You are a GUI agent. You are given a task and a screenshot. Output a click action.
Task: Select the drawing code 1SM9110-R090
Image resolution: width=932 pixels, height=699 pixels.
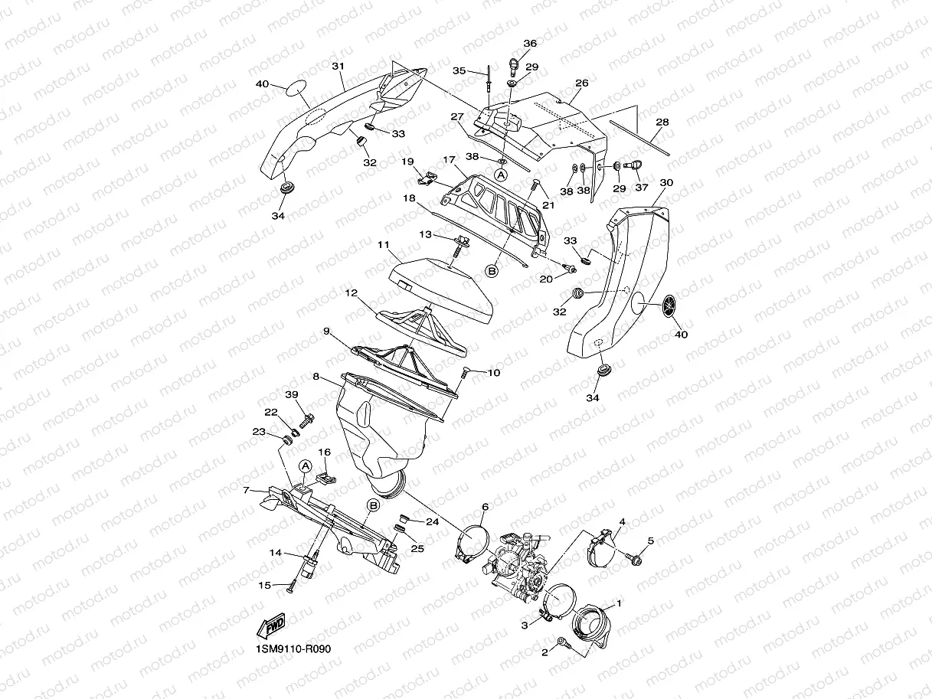coord(293,648)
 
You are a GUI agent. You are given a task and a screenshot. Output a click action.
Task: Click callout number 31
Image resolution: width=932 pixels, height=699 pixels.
coord(337,67)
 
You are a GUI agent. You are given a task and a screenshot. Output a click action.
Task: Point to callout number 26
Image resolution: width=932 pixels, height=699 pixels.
coord(581,83)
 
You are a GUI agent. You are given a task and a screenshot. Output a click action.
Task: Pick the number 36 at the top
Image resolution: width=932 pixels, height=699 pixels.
coord(530,44)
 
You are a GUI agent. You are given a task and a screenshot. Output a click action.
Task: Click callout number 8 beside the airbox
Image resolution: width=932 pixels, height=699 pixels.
coord(315,377)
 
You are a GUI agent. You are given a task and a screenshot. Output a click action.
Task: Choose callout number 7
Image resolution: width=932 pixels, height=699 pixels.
coord(246,490)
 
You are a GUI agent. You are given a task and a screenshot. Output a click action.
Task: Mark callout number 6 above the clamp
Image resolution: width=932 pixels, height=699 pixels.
coord(485,507)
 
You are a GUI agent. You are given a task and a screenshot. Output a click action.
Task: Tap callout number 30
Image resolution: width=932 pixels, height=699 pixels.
coord(666,183)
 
